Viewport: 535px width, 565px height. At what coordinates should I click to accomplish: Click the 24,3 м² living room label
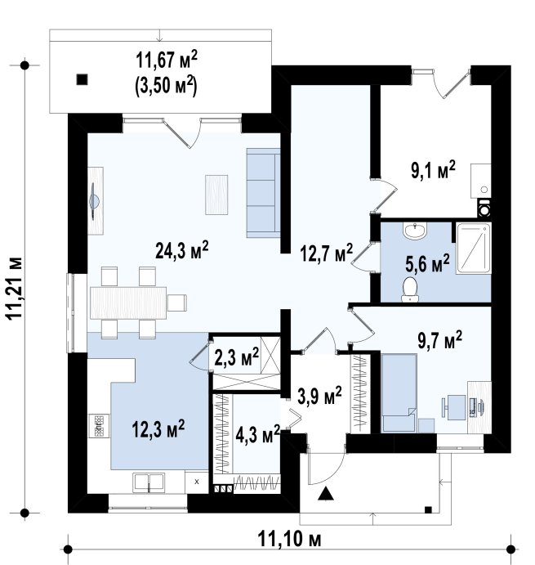click(x=182, y=250)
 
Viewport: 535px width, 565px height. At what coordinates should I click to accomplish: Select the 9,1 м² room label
click(x=433, y=170)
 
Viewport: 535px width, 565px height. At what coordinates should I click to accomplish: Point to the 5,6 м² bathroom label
click(x=427, y=263)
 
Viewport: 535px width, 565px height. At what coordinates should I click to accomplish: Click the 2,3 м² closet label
click(x=237, y=357)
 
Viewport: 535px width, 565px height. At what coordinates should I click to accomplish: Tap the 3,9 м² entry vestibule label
click(x=319, y=397)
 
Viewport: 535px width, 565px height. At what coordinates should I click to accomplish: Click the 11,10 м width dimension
click(x=289, y=540)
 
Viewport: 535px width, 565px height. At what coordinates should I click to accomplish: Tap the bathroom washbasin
click(x=415, y=230)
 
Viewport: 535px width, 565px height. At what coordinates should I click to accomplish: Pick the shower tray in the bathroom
click(x=474, y=249)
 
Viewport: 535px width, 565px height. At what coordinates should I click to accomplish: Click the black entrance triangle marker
click(x=326, y=493)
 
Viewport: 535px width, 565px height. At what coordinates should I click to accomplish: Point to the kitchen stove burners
click(x=99, y=425)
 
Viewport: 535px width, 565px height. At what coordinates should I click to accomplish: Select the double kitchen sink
click(x=149, y=482)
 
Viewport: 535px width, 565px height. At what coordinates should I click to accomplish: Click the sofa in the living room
click(x=263, y=193)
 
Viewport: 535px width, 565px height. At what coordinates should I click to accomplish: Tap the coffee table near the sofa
click(x=216, y=195)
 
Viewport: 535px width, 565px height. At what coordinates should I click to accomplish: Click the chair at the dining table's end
click(x=177, y=303)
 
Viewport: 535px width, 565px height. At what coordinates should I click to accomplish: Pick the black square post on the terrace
click(x=82, y=79)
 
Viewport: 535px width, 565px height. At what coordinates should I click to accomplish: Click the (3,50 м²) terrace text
click(x=166, y=87)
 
